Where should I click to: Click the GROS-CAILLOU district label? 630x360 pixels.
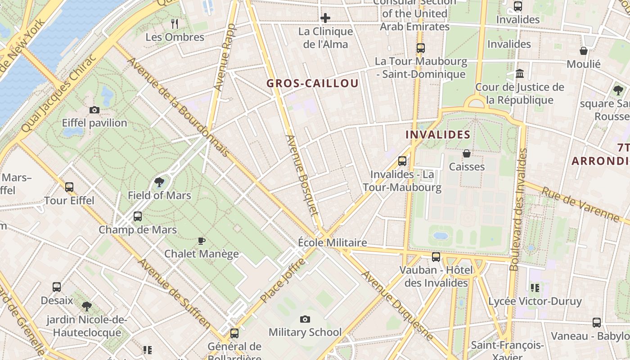(x=312, y=83)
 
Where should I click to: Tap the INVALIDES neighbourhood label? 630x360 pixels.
(x=438, y=135)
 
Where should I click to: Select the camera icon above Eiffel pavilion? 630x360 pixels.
(x=94, y=110)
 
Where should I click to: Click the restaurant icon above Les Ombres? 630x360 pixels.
(x=175, y=23)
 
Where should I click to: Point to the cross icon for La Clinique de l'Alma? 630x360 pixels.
(x=325, y=18)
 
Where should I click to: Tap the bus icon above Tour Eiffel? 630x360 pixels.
(x=69, y=187)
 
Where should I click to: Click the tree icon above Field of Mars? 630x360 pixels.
(x=159, y=182)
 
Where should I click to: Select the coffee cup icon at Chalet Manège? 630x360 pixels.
(x=202, y=241)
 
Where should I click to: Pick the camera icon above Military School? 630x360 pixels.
(x=305, y=319)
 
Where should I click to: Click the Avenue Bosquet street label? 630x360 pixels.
(x=302, y=175)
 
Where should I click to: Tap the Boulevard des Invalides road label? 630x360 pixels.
(x=518, y=210)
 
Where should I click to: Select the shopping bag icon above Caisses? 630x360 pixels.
(x=467, y=154)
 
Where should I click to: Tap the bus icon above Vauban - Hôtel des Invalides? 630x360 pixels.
(x=436, y=257)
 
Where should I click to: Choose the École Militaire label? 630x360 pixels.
(x=333, y=243)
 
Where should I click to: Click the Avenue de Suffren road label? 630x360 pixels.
(x=175, y=293)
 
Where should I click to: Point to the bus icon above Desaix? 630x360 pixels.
(x=57, y=287)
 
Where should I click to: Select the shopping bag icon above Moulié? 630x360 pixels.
(x=584, y=51)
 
